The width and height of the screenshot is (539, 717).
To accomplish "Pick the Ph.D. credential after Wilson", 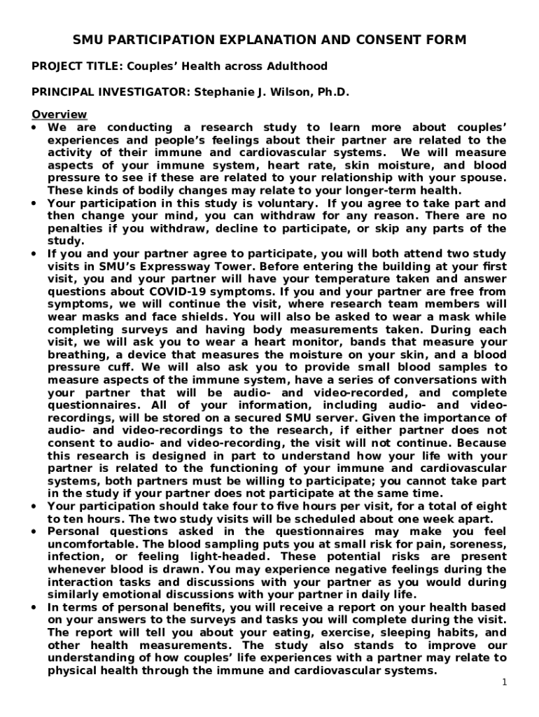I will (332, 92).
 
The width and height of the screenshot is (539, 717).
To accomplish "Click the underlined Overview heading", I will (59, 114).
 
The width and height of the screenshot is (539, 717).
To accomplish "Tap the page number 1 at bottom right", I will (503, 683).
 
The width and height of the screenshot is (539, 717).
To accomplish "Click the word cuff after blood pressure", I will (118, 367).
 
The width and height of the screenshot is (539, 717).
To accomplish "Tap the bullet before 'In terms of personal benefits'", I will (35, 607).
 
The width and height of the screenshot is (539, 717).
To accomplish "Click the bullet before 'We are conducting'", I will (35, 127).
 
